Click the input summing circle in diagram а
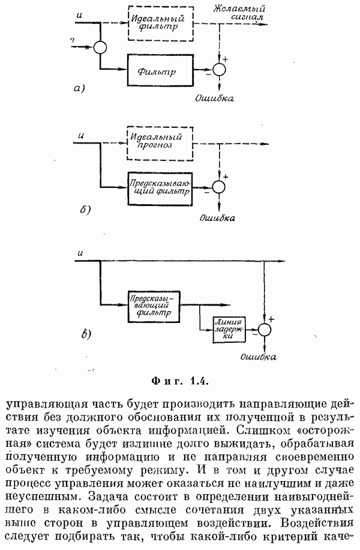point(100,46)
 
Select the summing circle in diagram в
point(265,328)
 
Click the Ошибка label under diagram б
point(217,217)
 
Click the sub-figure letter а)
point(80,89)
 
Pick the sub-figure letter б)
point(85,210)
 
